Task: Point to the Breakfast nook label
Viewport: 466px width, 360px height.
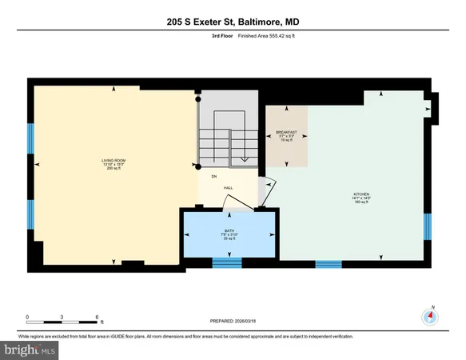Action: pos(286,135)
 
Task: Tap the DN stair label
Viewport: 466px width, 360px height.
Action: pos(214,175)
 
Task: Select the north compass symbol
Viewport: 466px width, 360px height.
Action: pos(432,317)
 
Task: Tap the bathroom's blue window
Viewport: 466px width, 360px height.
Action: pos(226,262)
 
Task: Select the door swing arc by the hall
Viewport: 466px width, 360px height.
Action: pos(269,192)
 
